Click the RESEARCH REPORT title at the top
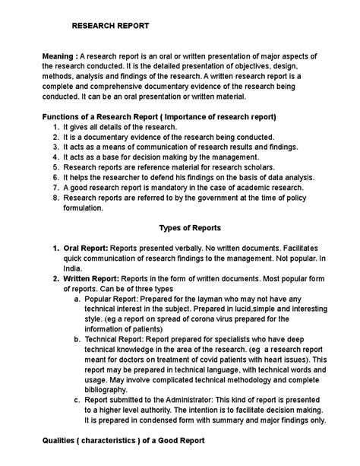[x=110, y=26]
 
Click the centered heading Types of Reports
[x=190, y=227]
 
